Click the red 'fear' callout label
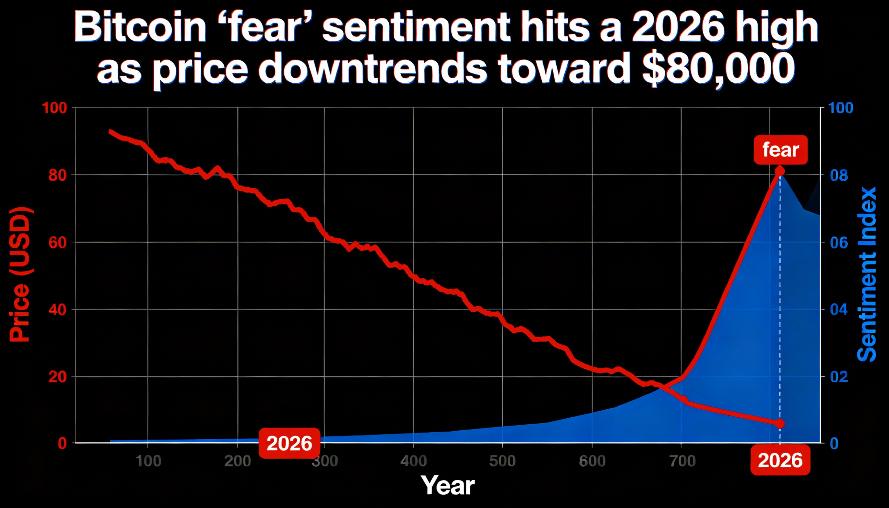pyautogui.click(x=781, y=150)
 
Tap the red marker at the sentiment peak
pyautogui.click(x=780, y=171)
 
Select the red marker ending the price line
pyautogui.click(x=780, y=424)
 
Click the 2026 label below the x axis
pyautogui.click(x=780, y=460)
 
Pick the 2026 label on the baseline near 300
pyautogui.click(x=289, y=443)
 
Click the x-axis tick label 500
pyautogui.click(x=502, y=461)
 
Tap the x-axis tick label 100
pyautogui.click(x=148, y=461)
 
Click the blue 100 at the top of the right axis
pyautogui.click(x=840, y=108)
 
